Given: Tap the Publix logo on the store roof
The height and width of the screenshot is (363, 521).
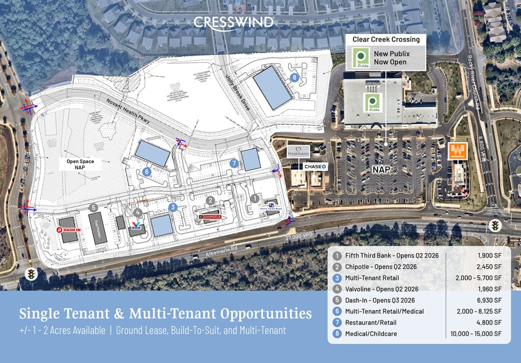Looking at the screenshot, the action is coord(373,102).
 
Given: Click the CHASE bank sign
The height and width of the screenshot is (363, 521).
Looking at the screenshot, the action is coord(315,167).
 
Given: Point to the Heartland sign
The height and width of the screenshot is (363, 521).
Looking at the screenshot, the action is coord(299,151).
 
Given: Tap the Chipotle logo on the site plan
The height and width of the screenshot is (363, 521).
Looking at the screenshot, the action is coord(211,217).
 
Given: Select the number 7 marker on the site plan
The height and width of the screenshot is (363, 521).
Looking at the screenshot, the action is coord(234,164).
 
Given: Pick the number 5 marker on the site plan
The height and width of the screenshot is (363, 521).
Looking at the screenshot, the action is coord(93,207).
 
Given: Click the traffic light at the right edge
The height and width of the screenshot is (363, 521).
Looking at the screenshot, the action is coord(495,227).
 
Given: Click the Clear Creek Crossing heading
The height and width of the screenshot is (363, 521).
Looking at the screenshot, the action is coord(386,40).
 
